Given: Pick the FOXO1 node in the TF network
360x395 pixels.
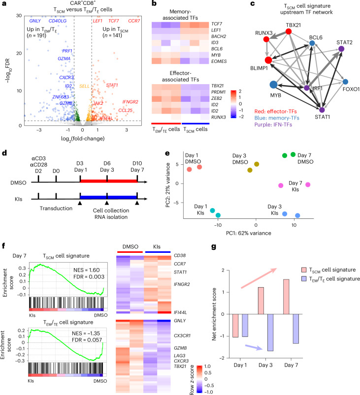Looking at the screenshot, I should tap(346, 81).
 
